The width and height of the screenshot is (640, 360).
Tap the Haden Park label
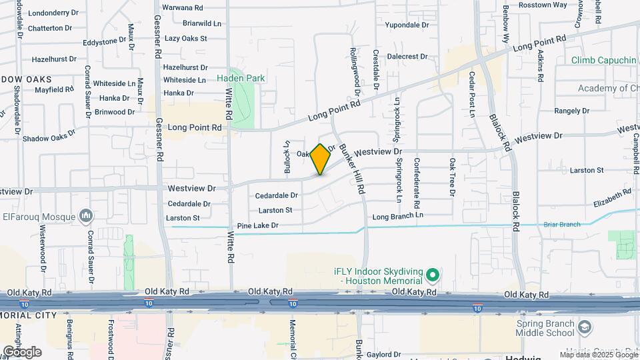(241, 78)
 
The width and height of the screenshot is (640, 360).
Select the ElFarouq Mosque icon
(85, 215)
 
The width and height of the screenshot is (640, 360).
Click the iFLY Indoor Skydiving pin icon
(432, 275)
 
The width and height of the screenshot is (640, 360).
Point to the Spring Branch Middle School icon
(585, 327)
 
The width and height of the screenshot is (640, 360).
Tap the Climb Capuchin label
(604, 60)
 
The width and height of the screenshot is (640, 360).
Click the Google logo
(21, 351)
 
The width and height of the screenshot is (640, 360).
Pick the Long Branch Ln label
(397, 216)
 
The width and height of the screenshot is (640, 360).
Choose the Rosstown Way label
(544, 5)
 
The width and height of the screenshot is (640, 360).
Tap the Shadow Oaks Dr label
(49, 138)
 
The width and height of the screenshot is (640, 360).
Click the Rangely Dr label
(571, 111)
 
